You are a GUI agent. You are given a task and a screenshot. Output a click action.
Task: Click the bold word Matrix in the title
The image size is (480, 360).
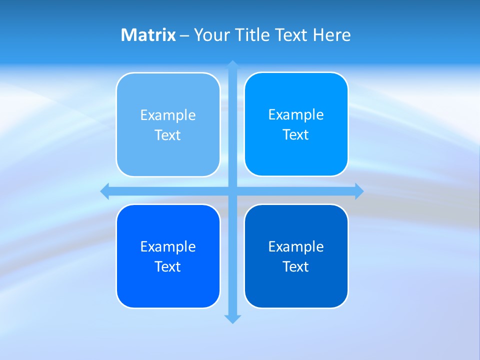(148, 35)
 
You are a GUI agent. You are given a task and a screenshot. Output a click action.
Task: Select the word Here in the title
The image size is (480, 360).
(332, 35)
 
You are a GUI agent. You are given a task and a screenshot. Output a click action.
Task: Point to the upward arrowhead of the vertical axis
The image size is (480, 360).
(232, 64)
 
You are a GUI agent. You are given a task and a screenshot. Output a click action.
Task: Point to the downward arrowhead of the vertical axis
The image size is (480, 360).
(232, 319)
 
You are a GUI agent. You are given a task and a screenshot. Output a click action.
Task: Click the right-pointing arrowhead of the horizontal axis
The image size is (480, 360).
(359, 191)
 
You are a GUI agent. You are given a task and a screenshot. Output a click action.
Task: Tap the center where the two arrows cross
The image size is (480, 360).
(232, 191)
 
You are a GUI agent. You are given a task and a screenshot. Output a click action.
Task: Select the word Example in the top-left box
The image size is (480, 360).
(168, 115)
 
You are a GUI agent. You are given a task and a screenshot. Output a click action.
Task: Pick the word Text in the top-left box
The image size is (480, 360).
(168, 135)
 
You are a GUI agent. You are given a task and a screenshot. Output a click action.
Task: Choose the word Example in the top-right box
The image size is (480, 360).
(296, 115)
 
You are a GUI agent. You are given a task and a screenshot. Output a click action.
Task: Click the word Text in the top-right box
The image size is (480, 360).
(296, 135)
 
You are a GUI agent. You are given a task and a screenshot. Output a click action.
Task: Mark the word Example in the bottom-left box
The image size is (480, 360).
(168, 247)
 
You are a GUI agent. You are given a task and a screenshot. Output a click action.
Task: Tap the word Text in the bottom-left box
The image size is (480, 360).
(168, 267)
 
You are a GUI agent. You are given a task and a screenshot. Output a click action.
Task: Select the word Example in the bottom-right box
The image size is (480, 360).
(296, 247)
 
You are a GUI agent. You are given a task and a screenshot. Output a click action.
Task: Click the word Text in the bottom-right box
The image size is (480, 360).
(296, 267)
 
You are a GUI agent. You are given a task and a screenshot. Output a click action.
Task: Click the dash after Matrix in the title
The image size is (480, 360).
(184, 35)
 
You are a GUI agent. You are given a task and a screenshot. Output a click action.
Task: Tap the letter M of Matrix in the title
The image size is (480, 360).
(128, 35)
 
